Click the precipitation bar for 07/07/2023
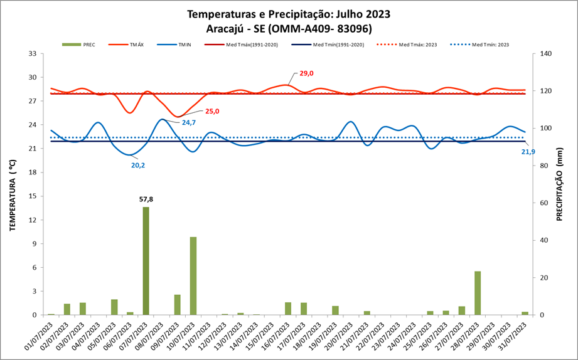tap(146, 261)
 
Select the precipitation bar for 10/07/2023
tap(194, 276)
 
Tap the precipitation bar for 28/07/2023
tap(478, 293)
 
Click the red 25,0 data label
tap(212, 112)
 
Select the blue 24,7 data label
tap(189, 122)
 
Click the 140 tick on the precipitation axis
tap(546, 54)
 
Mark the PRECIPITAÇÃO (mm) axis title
tap(559, 188)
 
